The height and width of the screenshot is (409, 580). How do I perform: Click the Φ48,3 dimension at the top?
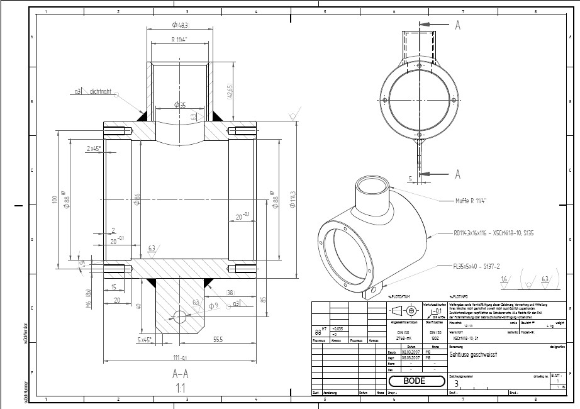pos(180,25)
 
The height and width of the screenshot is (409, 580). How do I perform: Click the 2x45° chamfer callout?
pos(94,148)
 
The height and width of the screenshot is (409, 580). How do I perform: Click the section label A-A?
pos(181,374)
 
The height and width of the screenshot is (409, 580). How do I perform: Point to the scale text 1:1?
pos(181,388)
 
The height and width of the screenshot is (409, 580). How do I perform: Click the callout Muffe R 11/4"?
pos(476,201)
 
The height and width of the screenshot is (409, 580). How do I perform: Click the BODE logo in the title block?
pos(414,381)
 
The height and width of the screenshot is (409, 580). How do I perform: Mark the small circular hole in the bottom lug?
pos(181,315)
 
